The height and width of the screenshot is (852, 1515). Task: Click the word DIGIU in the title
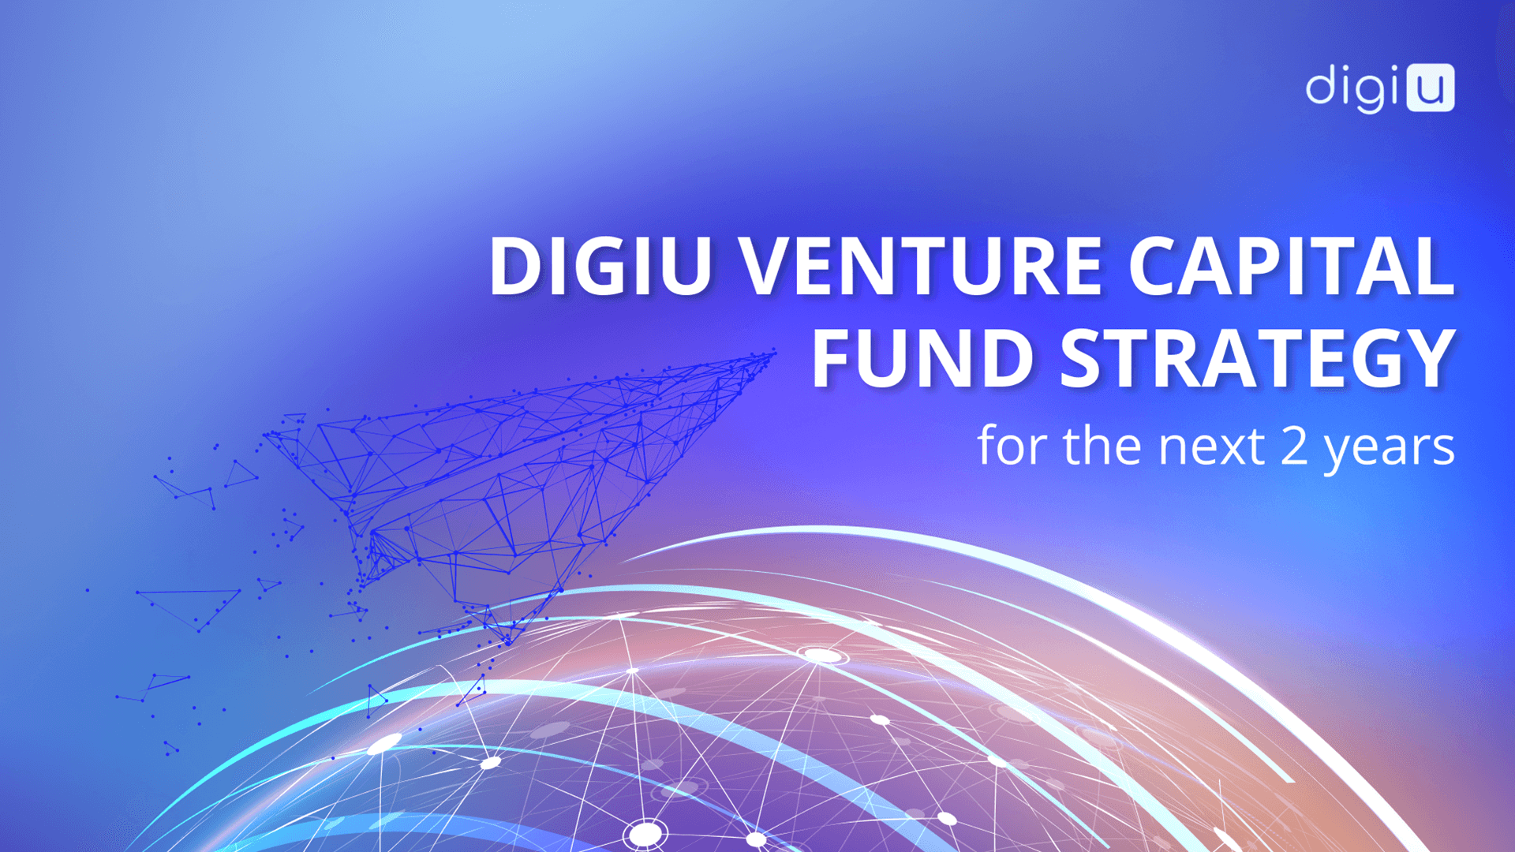[x=600, y=266]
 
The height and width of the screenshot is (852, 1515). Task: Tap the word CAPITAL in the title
[x=1291, y=266]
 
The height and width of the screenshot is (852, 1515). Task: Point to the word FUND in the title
[x=923, y=359]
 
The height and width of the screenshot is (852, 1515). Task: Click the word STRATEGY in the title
[x=1258, y=359]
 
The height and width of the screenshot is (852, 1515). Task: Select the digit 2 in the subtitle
[x=1295, y=447]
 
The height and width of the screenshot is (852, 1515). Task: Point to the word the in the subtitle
[x=1105, y=445]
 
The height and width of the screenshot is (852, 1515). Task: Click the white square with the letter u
[x=1431, y=88]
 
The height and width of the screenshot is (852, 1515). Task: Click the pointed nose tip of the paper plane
[x=775, y=353]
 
